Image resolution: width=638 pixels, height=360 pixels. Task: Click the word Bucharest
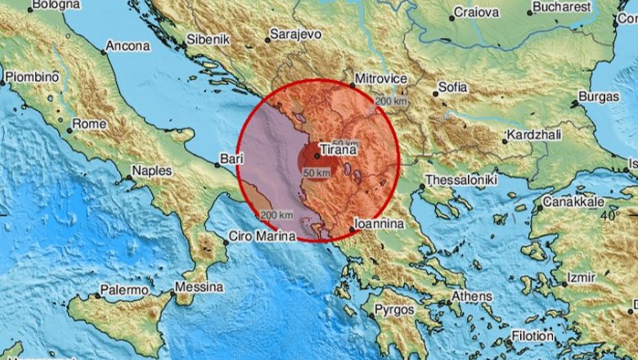pyautogui.click(x=563, y=7)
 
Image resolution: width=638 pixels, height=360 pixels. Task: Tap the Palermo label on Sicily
pyautogui.click(x=124, y=290)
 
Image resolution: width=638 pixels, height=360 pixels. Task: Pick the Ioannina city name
pyautogui.click(x=379, y=223)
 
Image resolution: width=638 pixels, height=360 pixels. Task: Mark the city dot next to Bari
pyautogui.click(x=215, y=161)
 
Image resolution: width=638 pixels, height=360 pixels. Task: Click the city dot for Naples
pyautogui.click(x=129, y=176)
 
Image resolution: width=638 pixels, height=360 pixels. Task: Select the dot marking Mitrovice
pyautogui.click(x=353, y=85)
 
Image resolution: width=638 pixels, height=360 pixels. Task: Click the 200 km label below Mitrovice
pyautogui.click(x=389, y=101)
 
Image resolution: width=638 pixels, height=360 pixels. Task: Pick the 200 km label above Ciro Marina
pyautogui.click(x=276, y=215)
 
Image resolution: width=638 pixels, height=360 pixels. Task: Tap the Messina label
pyautogui.click(x=199, y=287)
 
